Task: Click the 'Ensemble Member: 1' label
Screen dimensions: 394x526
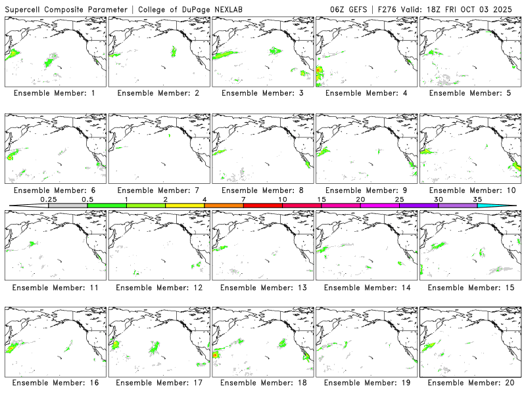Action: (54, 93)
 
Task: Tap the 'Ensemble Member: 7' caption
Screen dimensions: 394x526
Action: (158, 190)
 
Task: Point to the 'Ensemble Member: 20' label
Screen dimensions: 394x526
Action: (471, 382)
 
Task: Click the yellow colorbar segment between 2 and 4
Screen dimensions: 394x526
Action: (185, 206)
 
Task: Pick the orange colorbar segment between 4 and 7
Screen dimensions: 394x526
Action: (224, 206)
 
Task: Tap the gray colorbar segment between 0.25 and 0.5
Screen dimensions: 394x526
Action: (68, 206)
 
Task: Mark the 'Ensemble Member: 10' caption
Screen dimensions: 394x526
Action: (471, 190)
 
